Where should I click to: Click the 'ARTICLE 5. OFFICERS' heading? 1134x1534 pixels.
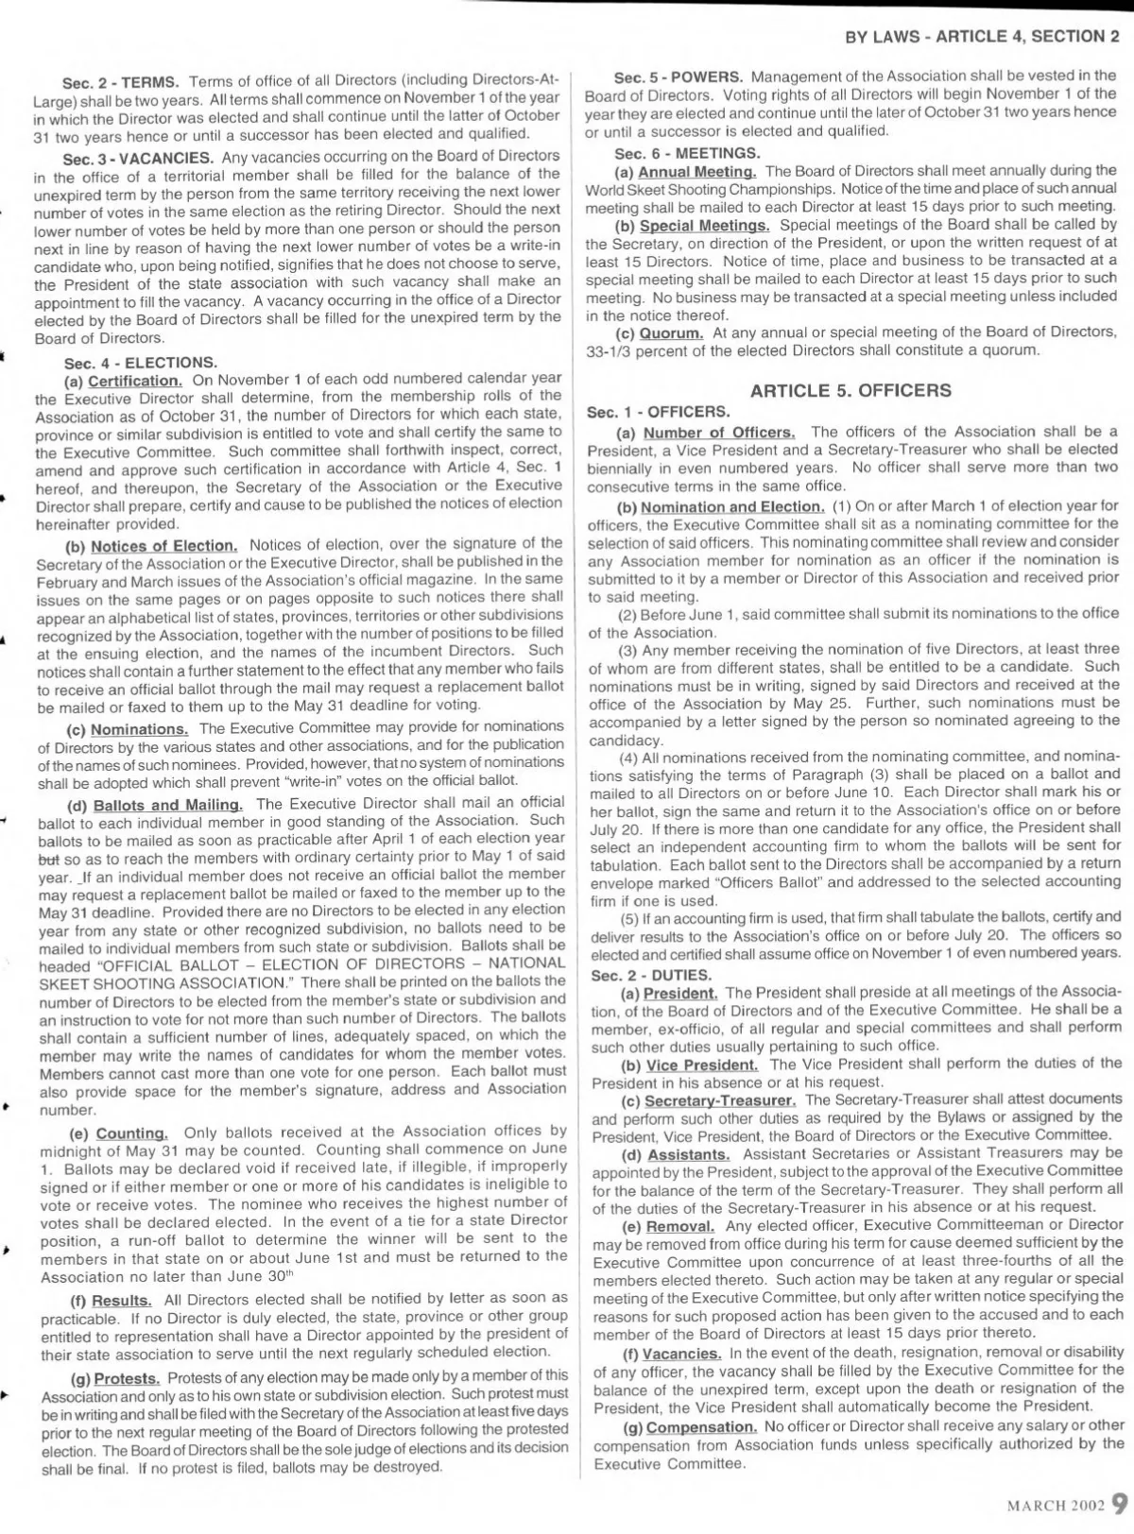[x=850, y=390]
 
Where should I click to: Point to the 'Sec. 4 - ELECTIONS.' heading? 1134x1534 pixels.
[x=141, y=363]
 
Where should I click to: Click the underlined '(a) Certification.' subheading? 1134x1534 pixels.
[x=124, y=381]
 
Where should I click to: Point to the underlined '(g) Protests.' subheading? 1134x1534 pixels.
[x=116, y=1376]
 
